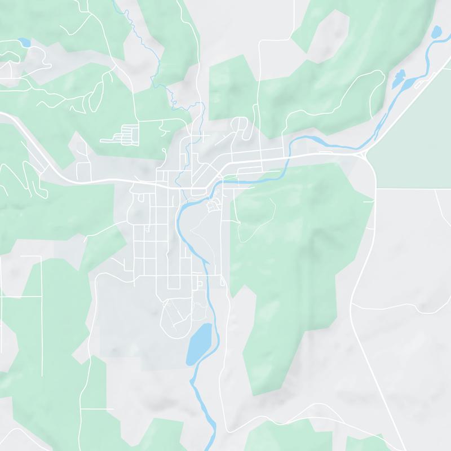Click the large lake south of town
pyautogui.click(x=199, y=342)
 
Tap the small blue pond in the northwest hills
pyautogui.click(x=24, y=42)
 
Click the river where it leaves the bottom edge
pyautogui.click(x=213, y=445)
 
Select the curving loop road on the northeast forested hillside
pyautogui.click(x=321, y=101)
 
